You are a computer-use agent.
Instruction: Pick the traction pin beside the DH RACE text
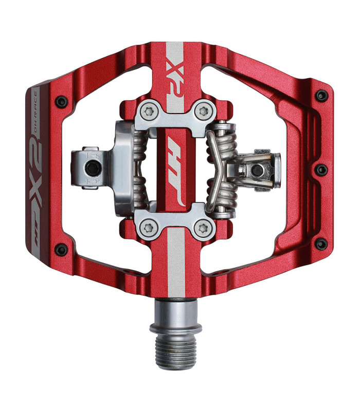tap(61, 102)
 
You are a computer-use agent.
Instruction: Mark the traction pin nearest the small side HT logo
tap(61, 250)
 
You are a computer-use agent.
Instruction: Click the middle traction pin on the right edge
tap(321, 170)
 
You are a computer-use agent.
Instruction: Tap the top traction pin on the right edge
tap(321, 96)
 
